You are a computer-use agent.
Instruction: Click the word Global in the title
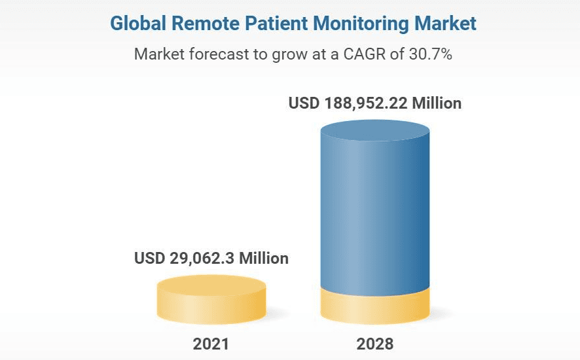point(135,24)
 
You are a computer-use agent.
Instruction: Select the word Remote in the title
point(195,24)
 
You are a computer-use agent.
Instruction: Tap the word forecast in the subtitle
point(216,54)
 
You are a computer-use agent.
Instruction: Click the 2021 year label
point(211,344)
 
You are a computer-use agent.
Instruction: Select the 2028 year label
point(375,344)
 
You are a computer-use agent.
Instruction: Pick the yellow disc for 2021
point(211,300)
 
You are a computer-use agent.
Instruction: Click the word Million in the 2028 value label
point(436,103)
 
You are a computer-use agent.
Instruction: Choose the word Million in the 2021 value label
point(263,258)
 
